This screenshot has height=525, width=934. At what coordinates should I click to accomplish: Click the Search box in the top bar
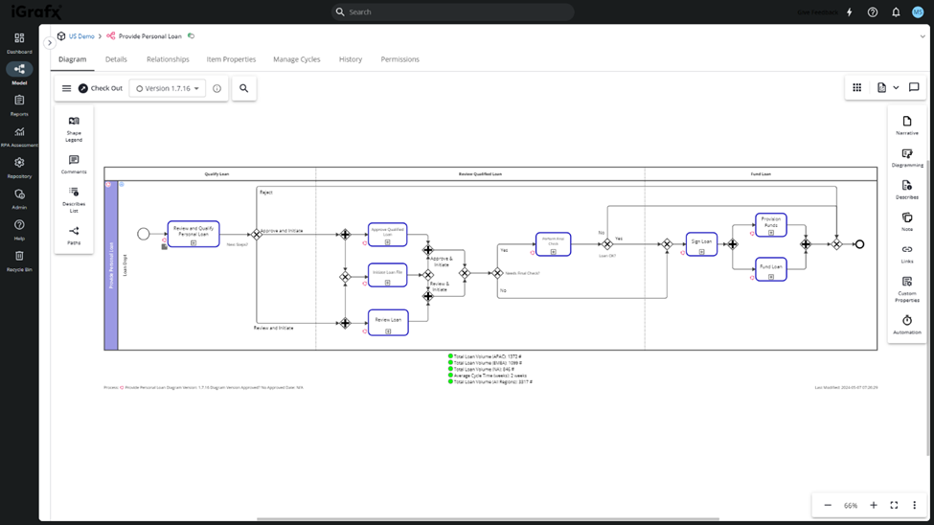click(x=452, y=12)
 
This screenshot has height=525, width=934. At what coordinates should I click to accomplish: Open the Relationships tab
click(x=168, y=59)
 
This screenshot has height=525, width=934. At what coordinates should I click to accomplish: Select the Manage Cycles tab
click(x=297, y=59)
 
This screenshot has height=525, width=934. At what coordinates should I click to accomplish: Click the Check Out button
click(x=101, y=88)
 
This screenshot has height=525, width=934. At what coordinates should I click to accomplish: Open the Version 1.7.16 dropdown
click(x=168, y=88)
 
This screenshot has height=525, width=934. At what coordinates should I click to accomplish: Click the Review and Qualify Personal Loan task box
click(x=194, y=234)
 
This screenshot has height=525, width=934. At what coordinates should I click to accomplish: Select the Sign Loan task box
click(x=701, y=243)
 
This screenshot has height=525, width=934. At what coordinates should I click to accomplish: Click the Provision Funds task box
click(x=771, y=224)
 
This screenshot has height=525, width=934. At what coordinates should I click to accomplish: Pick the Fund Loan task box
click(x=771, y=268)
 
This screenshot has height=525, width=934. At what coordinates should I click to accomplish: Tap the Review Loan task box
click(x=388, y=322)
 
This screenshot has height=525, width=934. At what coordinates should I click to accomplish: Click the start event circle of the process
click(x=144, y=234)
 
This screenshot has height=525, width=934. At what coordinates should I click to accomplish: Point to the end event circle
click(x=859, y=244)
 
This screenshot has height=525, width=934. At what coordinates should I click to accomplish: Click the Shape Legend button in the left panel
click(x=74, y=128)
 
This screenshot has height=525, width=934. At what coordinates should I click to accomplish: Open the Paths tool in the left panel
click(x=74, y=235)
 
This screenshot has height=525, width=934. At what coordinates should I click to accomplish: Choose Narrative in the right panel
click(x=906, y=126)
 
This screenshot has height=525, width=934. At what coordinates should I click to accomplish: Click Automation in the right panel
click(x=906, y=325)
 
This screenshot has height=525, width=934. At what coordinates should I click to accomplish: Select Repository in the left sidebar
click(x=19, y=168)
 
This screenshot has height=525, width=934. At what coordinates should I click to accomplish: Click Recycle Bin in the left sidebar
click(x=19, y=261)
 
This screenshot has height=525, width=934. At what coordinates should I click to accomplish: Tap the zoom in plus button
click(x=873, y=505)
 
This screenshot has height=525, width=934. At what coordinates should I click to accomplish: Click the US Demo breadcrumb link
click(x=81, y=36)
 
